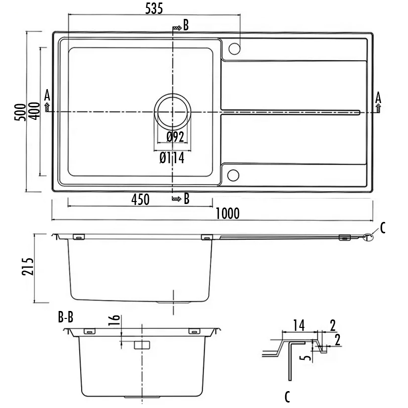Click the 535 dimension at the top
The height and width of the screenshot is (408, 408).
pyautogui.click(x=154, y=8)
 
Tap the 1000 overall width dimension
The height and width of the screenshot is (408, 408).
pyautogui.click(x=228, y=213)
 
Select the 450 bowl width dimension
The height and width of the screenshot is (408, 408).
pyautogui.click(x=140, y=200)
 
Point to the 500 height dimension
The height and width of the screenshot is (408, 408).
pyautogui.click(x=20, y=112)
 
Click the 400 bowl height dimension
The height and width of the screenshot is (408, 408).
pyautogui.click(x=34, y=111)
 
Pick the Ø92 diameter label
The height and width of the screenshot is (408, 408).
pyautogui.click(x=175, y=137)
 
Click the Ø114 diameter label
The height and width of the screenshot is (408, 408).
pyautogui.click(x=172, y=158)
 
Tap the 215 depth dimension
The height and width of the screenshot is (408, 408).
pyautogui.click(x=28, y=267)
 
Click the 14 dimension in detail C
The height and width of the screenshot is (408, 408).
pyautogui.click(x=299, y=325)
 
